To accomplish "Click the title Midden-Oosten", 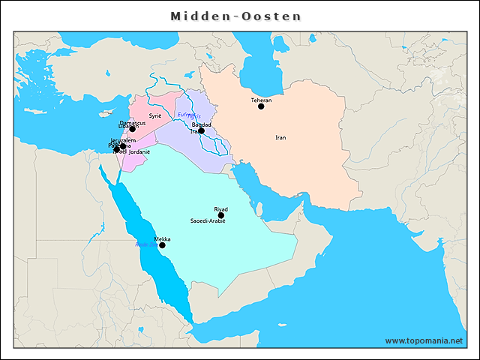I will tap(235, 16).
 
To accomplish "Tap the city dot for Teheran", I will tap(261, 106).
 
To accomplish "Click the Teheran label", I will tap(261, 100).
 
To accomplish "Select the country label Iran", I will tap(280, 137).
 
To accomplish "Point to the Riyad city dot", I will tap(220, 215).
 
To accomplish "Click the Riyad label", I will tap(220, 208).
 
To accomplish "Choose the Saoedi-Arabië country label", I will tap(208, 221).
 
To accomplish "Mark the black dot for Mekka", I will tap(162, 245).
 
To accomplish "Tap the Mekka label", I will tap(162, 238).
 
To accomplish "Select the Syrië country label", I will tap(155, 116).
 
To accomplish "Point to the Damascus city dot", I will tap(133, 129).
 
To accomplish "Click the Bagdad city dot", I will tap(201, 130).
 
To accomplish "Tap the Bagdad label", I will tap(201, 124).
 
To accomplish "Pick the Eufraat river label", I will tap(184, 114).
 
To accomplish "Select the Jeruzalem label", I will tap(122, 140).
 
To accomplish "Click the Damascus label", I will tap(133, 122).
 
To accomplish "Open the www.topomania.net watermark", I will tap(424, 340).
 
